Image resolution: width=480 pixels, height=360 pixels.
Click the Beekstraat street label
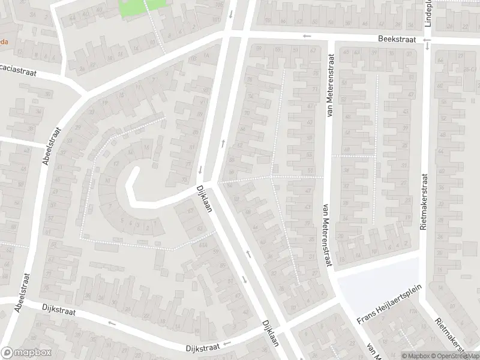[397, 38]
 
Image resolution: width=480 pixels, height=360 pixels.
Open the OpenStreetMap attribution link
[455, 355]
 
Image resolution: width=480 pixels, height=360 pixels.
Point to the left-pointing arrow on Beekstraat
[307, 36]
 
